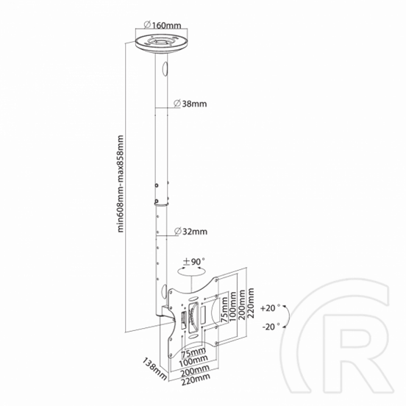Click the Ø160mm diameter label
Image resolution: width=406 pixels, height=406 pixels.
click(163, 25)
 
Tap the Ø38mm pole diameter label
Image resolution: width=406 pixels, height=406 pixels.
click(190, 104)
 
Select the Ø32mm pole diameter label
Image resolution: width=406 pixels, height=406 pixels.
click(190, 231)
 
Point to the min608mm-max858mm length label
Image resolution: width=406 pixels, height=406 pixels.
click(121, 184)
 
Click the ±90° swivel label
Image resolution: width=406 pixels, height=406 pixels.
click(193, 262)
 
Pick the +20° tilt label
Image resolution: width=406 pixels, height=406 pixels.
click(271, 308)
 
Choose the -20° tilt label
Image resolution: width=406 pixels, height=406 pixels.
click(271, 327)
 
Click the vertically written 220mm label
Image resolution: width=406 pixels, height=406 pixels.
click(250, 303)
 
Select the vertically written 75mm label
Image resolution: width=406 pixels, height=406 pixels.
click(224, 310)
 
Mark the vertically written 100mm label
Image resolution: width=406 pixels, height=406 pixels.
click(233, 306)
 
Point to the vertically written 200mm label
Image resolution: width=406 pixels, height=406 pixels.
click(242, 304)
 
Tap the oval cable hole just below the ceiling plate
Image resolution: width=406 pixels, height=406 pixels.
click(165, 68)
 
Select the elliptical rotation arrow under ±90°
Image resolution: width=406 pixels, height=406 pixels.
click(191, 271)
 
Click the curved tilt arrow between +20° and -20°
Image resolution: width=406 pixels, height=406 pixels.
click(288, 316)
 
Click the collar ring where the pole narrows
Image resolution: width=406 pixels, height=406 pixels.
click(161, 204)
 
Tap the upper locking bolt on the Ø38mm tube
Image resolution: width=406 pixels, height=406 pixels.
click(157, 185)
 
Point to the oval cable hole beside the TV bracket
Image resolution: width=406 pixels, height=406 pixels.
click(164, 291)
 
